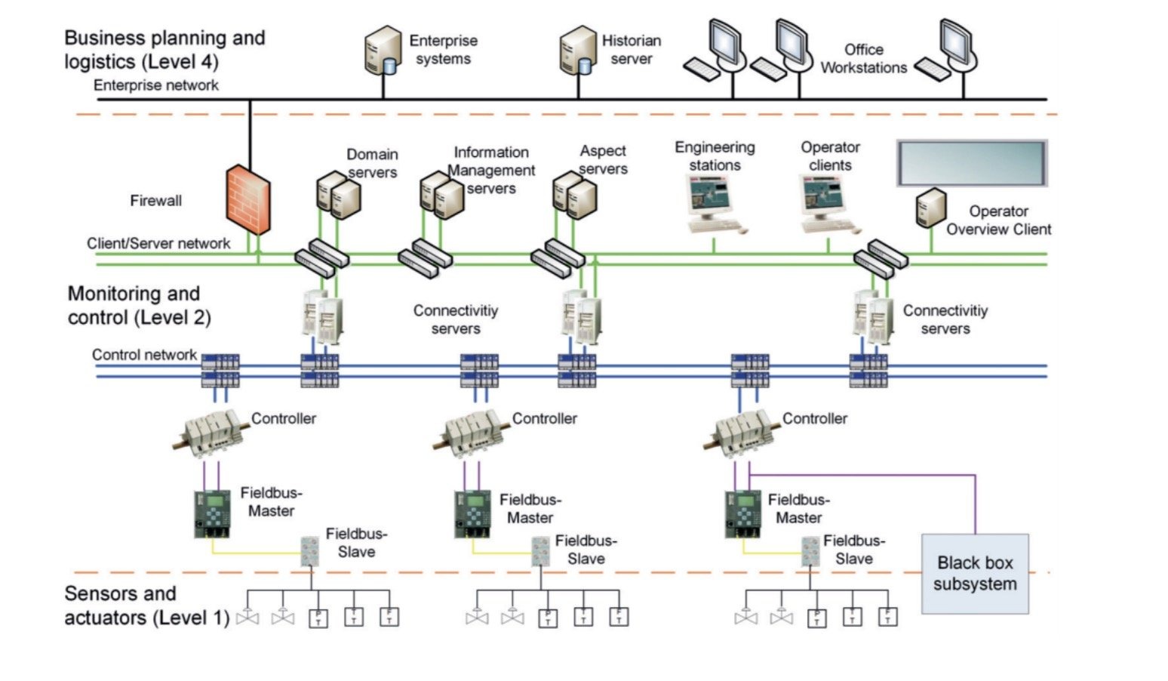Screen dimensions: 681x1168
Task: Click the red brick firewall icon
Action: point(248,199)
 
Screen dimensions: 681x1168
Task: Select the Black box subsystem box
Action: point(975,574)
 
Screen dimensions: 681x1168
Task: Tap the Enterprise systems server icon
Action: point(383,51)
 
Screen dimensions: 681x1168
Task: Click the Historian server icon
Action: point(578,51)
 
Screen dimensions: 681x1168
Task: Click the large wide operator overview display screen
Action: point(971,163)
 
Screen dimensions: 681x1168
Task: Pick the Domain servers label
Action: point(372,163)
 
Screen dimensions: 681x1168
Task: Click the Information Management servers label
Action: point(491,171)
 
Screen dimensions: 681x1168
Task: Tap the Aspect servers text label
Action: point(603,160)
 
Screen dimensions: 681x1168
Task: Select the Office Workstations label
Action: point(864,59)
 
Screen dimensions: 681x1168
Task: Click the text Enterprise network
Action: point(156,85)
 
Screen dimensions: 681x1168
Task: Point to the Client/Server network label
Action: point(158,243)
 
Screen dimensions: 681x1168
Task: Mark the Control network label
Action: point(144,355)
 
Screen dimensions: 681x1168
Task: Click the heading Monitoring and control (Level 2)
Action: point(139,306)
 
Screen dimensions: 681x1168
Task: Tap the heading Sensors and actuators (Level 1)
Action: point(146,606)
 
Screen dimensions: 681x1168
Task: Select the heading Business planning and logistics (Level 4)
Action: point(164,49)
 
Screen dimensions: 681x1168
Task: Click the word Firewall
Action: point(155,201)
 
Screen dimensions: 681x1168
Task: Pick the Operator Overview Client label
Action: point(998,220)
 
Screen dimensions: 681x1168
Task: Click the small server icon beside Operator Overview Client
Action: point(931,208)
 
